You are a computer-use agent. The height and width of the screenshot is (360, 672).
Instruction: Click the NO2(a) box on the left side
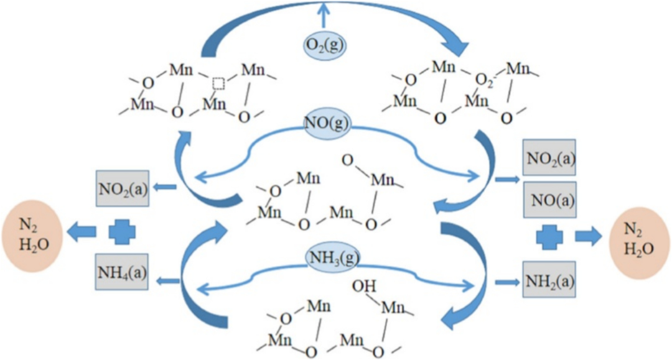pyautogui.click(x=123, y=187)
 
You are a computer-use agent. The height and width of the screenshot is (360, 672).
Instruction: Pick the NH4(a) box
pyautogui.click(x=122, y=273)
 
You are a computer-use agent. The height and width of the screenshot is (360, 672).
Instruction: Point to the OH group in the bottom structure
pyautogui.click(x=360, y=287)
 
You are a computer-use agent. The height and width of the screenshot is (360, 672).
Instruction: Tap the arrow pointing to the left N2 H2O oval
pyautogui.click(x=82, y=232)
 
